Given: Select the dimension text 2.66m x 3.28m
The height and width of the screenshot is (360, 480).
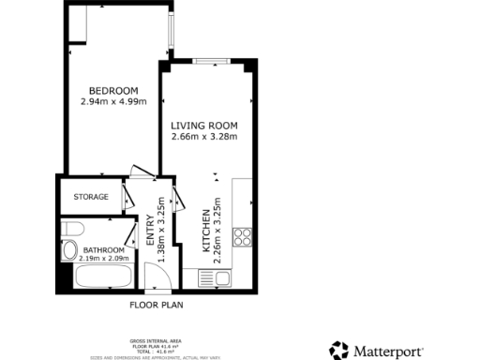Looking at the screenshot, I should (204, 137).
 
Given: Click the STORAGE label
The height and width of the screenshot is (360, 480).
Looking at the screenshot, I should (91, 197).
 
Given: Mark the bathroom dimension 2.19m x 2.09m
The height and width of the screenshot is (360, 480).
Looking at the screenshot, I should (90, 258).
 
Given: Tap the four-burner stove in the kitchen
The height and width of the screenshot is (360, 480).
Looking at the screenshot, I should (242, 235).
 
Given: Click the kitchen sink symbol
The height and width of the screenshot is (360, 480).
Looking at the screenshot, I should (221, 277).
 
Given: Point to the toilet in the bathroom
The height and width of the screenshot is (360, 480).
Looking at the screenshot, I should (74, 230).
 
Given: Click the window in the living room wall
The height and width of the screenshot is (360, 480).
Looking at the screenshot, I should (214, 62).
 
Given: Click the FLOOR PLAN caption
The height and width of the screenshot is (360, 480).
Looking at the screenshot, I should (156, 305).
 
